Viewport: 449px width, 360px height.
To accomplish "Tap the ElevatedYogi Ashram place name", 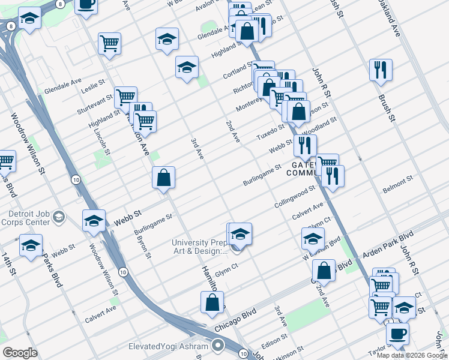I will pyautogui.click(x=168, y=346).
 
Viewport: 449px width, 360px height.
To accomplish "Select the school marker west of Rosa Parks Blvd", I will pyautogui.click(x=31, y=245).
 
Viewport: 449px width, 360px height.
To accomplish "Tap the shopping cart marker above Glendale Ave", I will pyautogui.click(x=110, y=43).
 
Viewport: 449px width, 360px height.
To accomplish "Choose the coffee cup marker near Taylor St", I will pyautogui.click(x=397, y=333).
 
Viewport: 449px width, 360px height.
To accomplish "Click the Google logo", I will pyautogui.click(x=20, y=353).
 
